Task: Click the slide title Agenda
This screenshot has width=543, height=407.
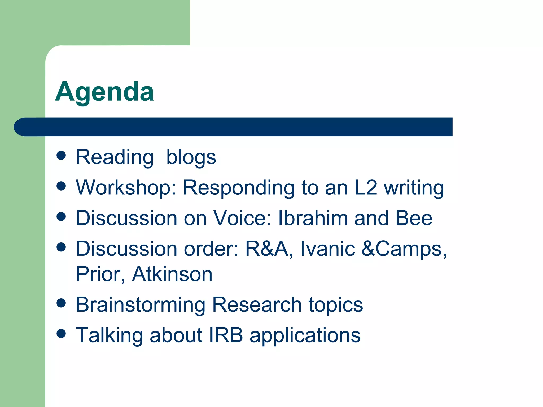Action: pos(104,92)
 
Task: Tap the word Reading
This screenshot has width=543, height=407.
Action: pos(115,157)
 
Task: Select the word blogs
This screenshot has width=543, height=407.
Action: pos(191,157)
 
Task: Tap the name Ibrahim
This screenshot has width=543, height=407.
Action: pos(313,218)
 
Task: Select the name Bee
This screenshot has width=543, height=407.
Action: pos(414,218)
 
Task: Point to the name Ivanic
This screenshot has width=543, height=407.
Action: pos(327,249)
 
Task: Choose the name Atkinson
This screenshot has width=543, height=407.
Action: pos(172,274)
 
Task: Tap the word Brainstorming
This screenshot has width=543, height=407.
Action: pos(141,305)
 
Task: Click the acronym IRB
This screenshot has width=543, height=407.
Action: pos(226,335)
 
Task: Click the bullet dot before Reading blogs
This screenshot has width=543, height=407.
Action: pos(61,155)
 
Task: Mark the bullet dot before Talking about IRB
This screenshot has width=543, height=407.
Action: pos(61,333)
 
